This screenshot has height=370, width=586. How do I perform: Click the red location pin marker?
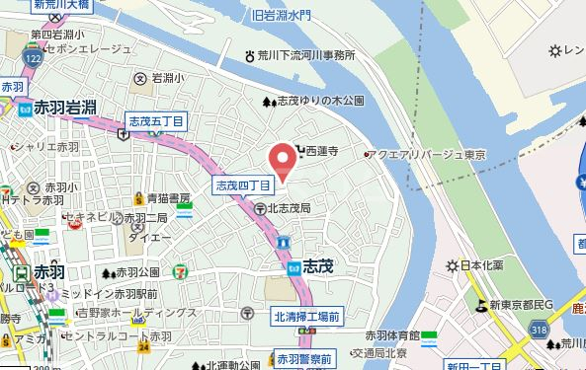(x=282, y=160)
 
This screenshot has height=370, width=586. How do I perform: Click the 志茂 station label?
(x=317, y=266)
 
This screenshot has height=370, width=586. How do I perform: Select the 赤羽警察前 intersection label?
(x=305, y=357)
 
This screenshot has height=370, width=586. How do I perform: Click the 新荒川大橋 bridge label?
(x=59, y=5)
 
